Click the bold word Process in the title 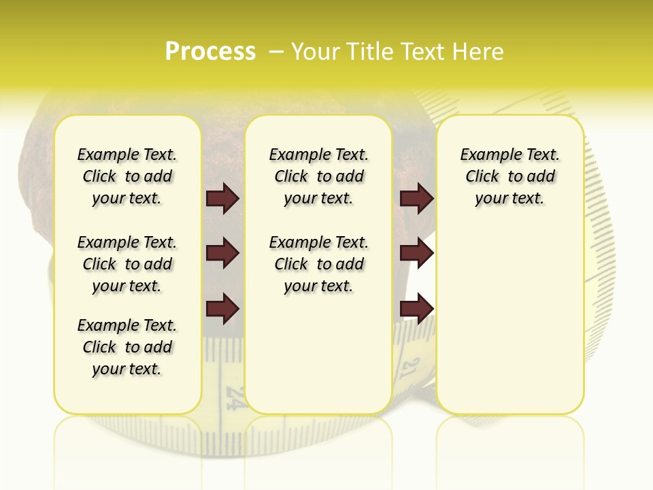click(x=210, y=51)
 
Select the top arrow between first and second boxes click(x=222, y=198)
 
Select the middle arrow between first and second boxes click(x=222, y=253)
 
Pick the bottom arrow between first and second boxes click(x=222, y=309)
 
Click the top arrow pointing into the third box click(x=417, y=198)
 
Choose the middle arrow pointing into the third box click(x=417, y=253)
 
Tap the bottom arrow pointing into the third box click(x=417, y=309)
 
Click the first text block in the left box click(x=127, y=176)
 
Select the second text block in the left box click(x=127, y=264)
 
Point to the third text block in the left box click(x=127, y=347)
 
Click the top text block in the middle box click(x=318, y=176)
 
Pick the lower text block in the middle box click(x=318, y=264)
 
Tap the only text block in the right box click(x=509, y=176)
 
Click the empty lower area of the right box click(x=509, y=327)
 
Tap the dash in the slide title click(x=276, y=52)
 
